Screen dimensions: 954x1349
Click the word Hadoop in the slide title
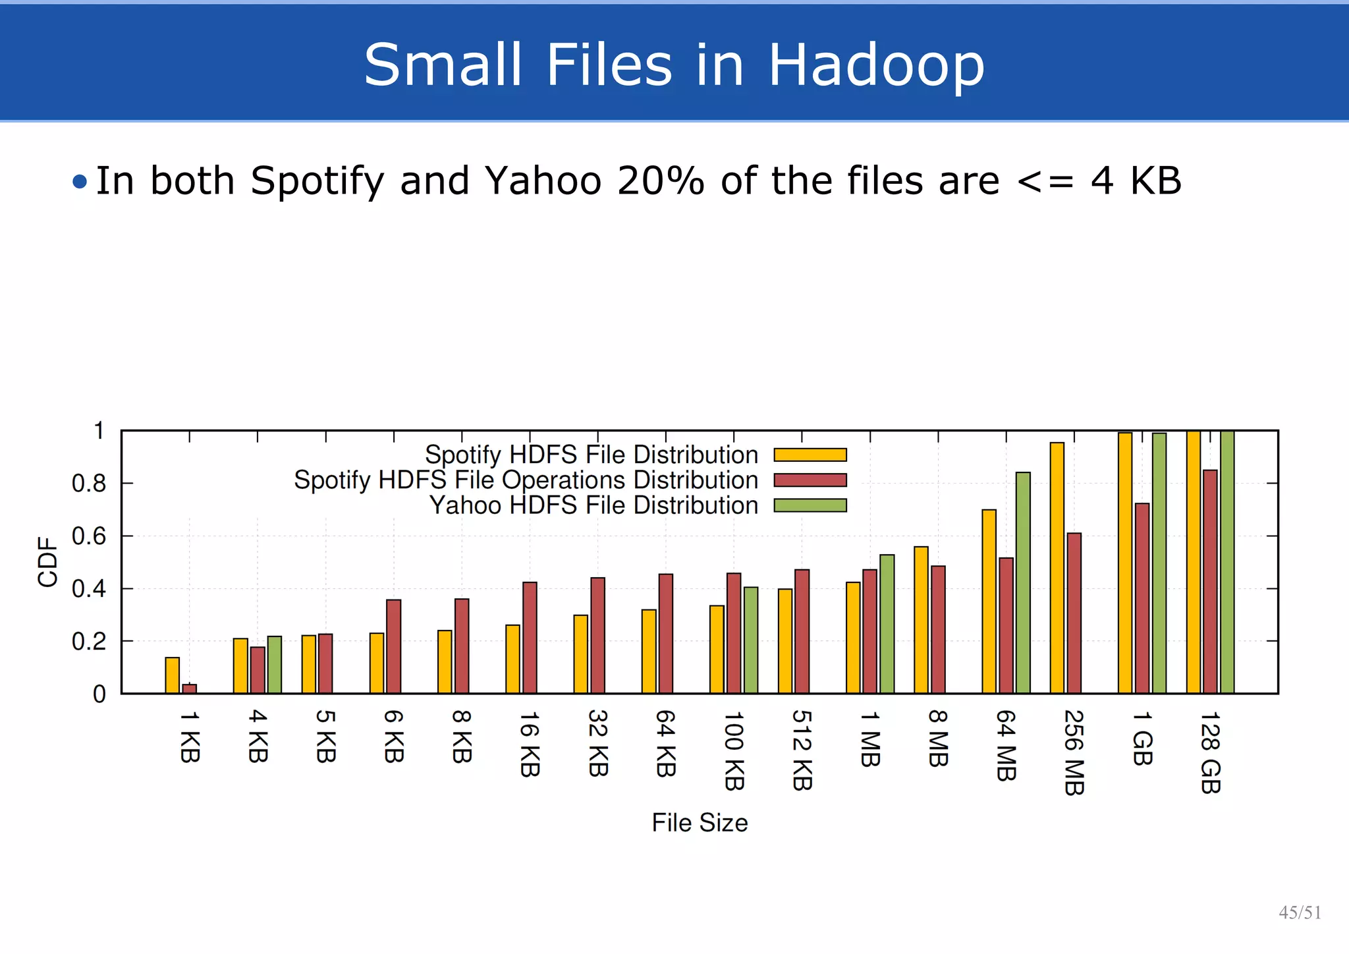(876, 65)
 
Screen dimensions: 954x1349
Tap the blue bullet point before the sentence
(80, 181)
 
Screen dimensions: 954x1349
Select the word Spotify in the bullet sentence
(316, 181)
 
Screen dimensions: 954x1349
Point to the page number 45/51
(1300, 912)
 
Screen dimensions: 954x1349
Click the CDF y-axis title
(48, 561)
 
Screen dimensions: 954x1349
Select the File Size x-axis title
(700, 823)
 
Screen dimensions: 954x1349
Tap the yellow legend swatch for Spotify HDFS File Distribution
(810, 455)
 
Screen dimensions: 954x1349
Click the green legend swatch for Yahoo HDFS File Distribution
(810, 505)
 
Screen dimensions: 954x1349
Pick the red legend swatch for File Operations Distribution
(810, 480)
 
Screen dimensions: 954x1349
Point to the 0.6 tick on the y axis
(88, 536)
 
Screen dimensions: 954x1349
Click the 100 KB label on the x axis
(733, 750)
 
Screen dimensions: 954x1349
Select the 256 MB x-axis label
(1074, 752)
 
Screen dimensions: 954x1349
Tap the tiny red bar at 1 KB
(190, 688)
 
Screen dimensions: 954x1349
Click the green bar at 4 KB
(275, 665)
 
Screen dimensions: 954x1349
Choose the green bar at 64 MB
(1023, 582)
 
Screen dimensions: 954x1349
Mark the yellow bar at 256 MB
(1057, 567)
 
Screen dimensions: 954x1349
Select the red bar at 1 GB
(1142, 598)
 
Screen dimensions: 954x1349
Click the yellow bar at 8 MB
(921, 619)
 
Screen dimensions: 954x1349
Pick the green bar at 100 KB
(751, 640)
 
